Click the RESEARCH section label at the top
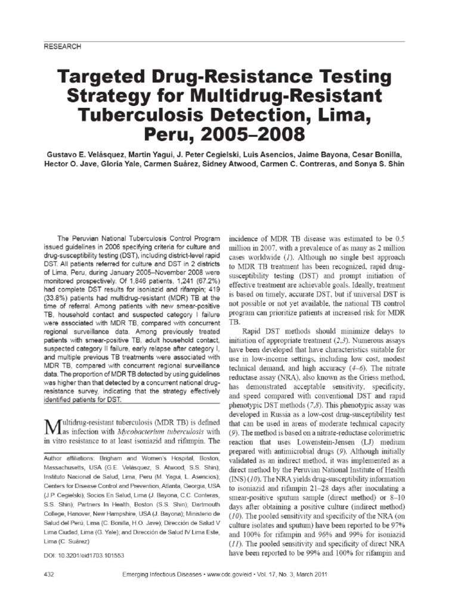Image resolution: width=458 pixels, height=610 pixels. coord(62,46)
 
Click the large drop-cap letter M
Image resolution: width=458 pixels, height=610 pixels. coord(52,427)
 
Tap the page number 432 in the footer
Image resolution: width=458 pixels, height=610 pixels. coord(51,575)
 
